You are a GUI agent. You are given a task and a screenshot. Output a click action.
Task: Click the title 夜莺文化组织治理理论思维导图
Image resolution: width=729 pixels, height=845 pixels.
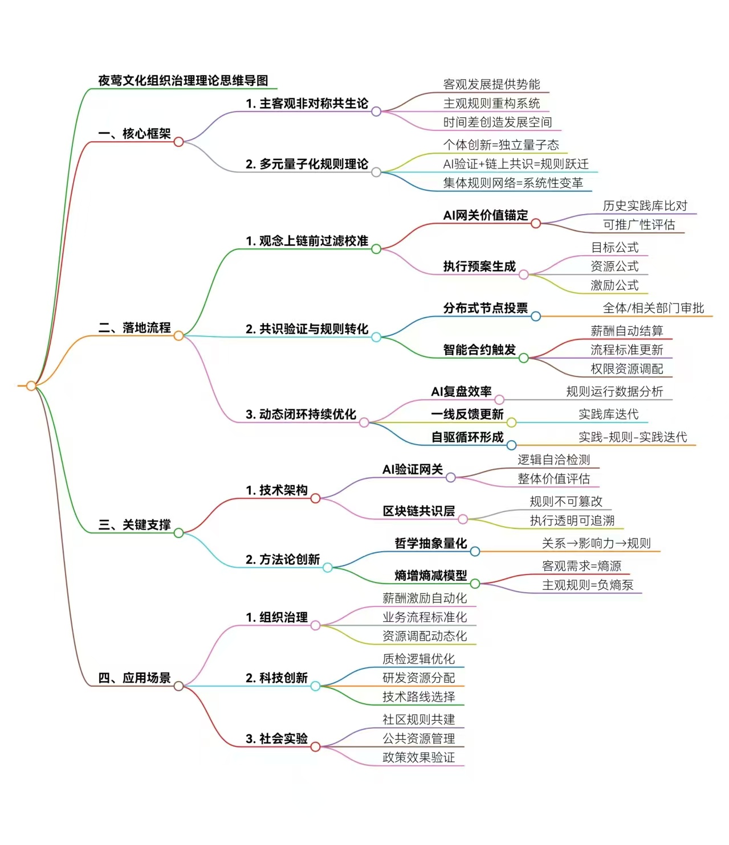pyautogui.click(x=183, y=80)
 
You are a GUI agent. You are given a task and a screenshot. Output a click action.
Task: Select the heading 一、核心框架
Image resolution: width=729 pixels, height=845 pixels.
pyautogui.click(x=135, y=134)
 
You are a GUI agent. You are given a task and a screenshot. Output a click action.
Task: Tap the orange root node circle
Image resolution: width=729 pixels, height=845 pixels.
pyautogui.click(x=31, y=386)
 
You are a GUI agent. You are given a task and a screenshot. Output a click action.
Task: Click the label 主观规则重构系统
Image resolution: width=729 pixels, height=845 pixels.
pyautogui.click(x=491, y=103)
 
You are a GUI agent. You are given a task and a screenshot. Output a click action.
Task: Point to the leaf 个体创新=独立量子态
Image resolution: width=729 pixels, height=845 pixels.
pyautogui.click(x=501, y=145)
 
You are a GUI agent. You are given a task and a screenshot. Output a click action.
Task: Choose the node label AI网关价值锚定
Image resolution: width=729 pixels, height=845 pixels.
pyautogui.click(x=486, y=215)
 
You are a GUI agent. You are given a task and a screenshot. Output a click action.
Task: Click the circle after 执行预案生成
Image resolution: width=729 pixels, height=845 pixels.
pyautogui.click(x=523, y=275)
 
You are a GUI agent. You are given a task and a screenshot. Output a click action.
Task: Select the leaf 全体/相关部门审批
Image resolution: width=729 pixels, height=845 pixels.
pyautogui.click(x=653, y=308)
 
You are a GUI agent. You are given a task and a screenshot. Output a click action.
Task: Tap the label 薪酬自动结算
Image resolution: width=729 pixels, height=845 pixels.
pyautogui.click(x=626, y=331)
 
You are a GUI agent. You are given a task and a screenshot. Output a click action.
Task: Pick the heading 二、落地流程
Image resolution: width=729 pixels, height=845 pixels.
pyautogui.click(x=135, y=328)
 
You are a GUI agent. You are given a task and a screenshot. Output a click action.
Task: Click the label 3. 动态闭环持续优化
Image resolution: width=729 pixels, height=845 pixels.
pyautogui.click(x=301, y=414)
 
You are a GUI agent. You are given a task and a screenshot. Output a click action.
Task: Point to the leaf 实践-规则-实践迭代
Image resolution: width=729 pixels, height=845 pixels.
pyautogui.click(x=633, y=437)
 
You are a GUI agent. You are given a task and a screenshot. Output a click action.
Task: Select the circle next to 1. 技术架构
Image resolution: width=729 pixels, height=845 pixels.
pyautogui.click(x=315, y=498)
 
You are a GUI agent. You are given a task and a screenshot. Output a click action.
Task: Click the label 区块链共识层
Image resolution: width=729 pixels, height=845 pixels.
pyautogui.click(x=418, y=511)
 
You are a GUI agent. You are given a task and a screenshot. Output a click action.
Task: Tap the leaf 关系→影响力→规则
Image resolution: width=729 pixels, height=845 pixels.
pyautogui.click(x=596, y=543)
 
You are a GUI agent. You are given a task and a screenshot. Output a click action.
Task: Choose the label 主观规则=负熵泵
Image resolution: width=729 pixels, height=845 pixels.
pyautogui.click(x=588, y=585)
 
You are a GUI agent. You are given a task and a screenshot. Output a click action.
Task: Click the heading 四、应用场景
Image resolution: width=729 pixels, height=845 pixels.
pyautogui.click(x=135, y=678)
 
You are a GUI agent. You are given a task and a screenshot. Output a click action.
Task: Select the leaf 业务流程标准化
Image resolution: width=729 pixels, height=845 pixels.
pyautogui.click(x=425, y=617)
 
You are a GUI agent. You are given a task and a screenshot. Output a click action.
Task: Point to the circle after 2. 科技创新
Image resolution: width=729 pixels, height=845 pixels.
pyautogui.click(x=315, y=686)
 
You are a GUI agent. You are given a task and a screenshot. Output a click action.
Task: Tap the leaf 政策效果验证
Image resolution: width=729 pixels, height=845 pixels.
pyautogui.click(x=418, y=757)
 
